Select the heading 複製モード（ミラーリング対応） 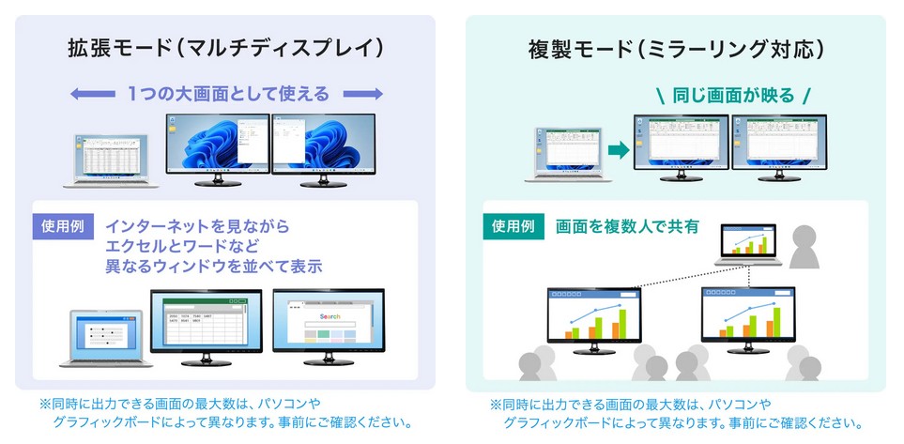click(x=676, y=48)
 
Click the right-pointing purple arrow click(x=363, y=94)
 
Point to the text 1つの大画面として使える click(x=228, y=94)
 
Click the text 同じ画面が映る click(x=733, y=95)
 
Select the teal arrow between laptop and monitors click(x=616, y=148)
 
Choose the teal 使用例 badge click(x=514, y=226)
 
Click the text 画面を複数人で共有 click(x=627, y=226)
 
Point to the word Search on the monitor click(x=329, y=316)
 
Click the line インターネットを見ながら click(x=197, y=227)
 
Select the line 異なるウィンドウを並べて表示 click(x=214, y=267)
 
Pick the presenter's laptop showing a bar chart click(x=750, y=246)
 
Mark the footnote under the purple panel click(x=225, y=412)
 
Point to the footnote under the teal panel click(x=675, y=414)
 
